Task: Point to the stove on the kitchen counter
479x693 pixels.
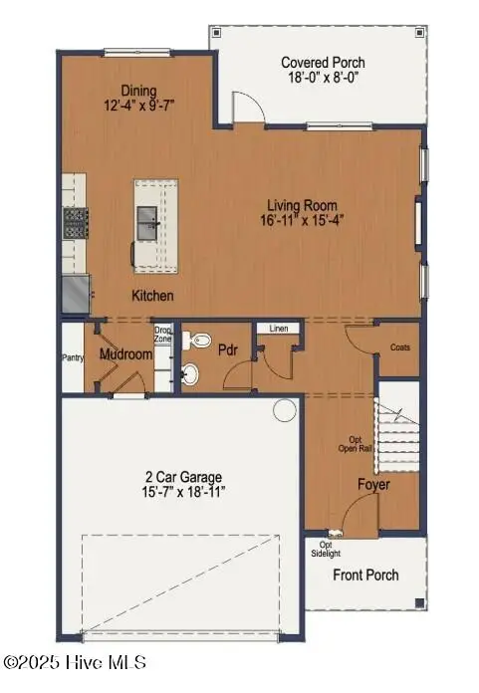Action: click(x=74, y=222)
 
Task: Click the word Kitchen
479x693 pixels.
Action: click(x=153, y=296)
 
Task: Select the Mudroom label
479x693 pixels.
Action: click(x=124, y=354)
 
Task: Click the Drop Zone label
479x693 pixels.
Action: click(x=163, y=335)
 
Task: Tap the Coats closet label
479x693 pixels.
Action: click(x=400, y=347)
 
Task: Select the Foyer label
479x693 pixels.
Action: click(x=373, y=485)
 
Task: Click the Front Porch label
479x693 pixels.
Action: click(x=365, y=575)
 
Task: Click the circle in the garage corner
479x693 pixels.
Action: click(x=284, y=408)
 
